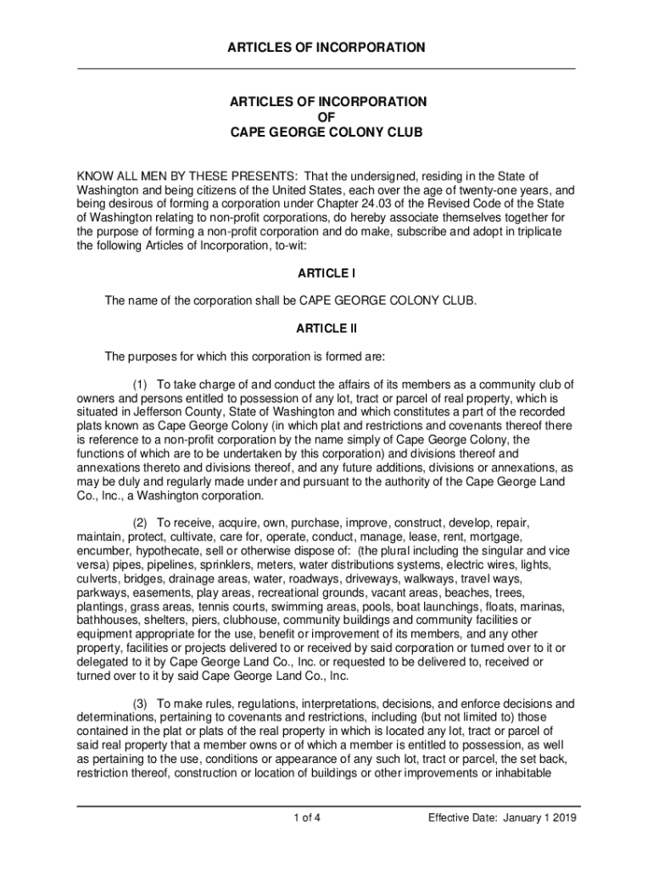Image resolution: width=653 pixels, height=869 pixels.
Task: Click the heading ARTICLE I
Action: point(326,273)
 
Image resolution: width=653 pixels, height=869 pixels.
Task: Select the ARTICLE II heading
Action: point(326,328)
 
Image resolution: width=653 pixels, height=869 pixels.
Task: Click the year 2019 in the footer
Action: point(559,818)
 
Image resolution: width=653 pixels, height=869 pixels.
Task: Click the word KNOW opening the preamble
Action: point(95,176)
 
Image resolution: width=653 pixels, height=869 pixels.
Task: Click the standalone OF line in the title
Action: point(326,117)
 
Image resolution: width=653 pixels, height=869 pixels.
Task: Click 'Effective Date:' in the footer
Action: point(461,818)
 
